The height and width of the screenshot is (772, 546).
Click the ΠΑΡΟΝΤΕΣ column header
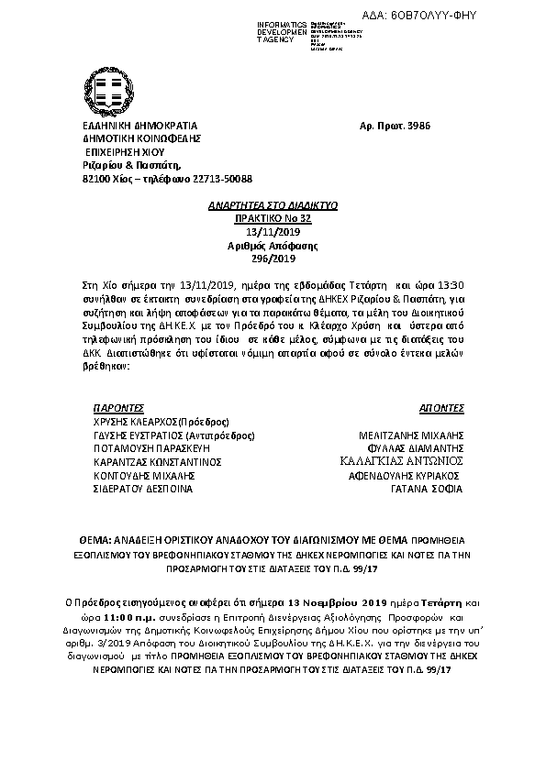119,406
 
